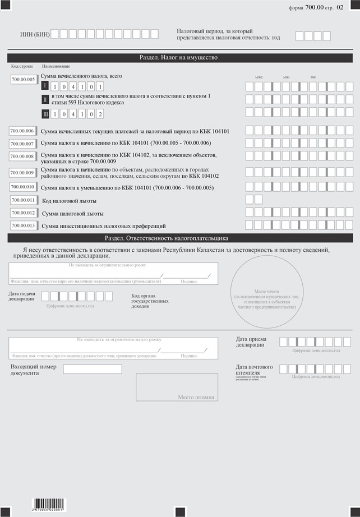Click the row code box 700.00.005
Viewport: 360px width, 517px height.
(24, 80)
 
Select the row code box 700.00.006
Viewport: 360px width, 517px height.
(22, 131)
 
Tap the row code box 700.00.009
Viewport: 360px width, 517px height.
(22, 173)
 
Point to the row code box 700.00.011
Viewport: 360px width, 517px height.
(22, 200)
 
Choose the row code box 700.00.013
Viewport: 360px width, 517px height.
(22, 225)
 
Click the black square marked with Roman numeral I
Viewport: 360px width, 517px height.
(45, 86)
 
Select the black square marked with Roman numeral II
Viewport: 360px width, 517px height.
(45, 100)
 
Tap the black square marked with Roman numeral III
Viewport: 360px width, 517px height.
(45, 114)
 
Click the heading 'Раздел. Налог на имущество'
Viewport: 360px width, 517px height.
(179, 58)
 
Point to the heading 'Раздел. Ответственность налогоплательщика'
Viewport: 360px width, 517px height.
(179, 238)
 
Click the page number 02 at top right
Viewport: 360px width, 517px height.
(340, 8)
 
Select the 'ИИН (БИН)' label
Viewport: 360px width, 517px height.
(35, 35)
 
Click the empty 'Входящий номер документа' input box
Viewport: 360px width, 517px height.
(93, 369)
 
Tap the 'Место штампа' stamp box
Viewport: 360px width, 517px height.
(177, 387)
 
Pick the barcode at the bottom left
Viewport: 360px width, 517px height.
(49, 503)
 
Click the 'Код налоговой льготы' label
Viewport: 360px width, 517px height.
(70, 200)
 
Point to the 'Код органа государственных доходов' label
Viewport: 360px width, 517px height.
(150, 301)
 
